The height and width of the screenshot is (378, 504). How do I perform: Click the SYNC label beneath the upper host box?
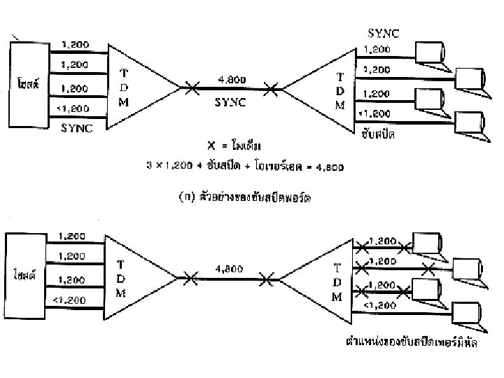[x=76, y=127]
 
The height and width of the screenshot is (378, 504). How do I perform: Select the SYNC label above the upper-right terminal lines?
[x=384, y=33]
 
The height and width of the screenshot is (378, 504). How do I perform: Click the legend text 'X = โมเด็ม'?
[x=234, y=146]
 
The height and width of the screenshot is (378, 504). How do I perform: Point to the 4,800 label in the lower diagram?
[x=229, y=267]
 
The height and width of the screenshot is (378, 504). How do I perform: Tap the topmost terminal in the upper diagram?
[x=428, y=51]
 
